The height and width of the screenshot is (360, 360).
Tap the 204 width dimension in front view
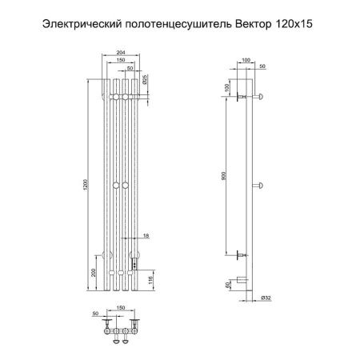click(121, 53)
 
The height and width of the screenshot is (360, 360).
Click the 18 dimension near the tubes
click(146, 235)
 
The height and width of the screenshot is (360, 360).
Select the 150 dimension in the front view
click(121, 59)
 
